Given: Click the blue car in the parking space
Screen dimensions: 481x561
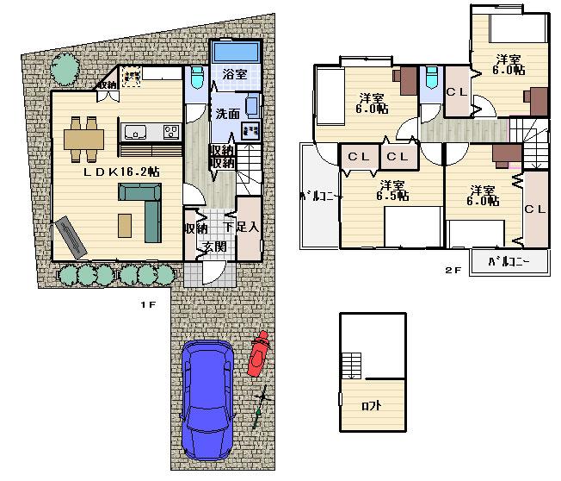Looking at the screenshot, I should tap(208, 400).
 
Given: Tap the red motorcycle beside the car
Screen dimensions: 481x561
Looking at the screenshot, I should tap(257, 354).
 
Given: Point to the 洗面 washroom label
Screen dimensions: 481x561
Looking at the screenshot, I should tap(228, 113).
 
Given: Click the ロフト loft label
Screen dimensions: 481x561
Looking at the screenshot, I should tap(372, 405).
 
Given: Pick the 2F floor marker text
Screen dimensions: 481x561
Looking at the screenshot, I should tap(453, 270).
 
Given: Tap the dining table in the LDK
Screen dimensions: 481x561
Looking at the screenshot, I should tap(83, 138).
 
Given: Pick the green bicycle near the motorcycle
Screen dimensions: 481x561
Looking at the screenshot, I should tap(262, 406).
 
